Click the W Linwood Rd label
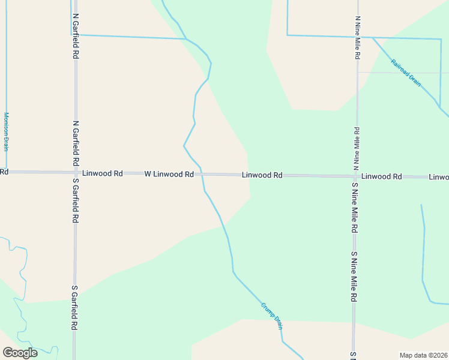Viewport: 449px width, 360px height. click(x=169, y=174)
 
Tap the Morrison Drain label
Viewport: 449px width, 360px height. click(x=7, y=131)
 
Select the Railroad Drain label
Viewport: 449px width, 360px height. click(x=406, y=73)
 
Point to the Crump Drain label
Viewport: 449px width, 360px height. click(x=271, y=314)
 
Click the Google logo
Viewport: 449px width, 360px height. click(x=20, y=352)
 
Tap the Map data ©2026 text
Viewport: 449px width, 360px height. click(x=423, y=355)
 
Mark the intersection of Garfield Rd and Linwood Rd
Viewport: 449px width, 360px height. click(x=76, y=173)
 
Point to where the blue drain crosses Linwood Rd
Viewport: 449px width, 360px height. click(x=202, y=174)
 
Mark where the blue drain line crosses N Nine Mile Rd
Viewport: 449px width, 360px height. click(x=358, y=36)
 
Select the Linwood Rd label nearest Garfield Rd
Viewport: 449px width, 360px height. click(x=103, y=173)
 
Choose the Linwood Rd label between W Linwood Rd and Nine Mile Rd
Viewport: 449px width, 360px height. click(x=262, y=175)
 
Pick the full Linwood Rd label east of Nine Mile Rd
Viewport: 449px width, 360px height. click(x=382, y=176)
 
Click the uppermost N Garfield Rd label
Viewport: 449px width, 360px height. click(x=76, y=36)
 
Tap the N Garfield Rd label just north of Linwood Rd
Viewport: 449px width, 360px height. click(x=76, y=143)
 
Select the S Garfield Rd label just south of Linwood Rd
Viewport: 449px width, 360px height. click(x=76, y=202)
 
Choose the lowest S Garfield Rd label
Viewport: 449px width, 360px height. click(x=76, y=308)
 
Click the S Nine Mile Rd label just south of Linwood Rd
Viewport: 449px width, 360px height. click(x=355, y=208)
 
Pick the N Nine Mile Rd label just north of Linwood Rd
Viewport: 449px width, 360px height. click(x=357, y=146)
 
